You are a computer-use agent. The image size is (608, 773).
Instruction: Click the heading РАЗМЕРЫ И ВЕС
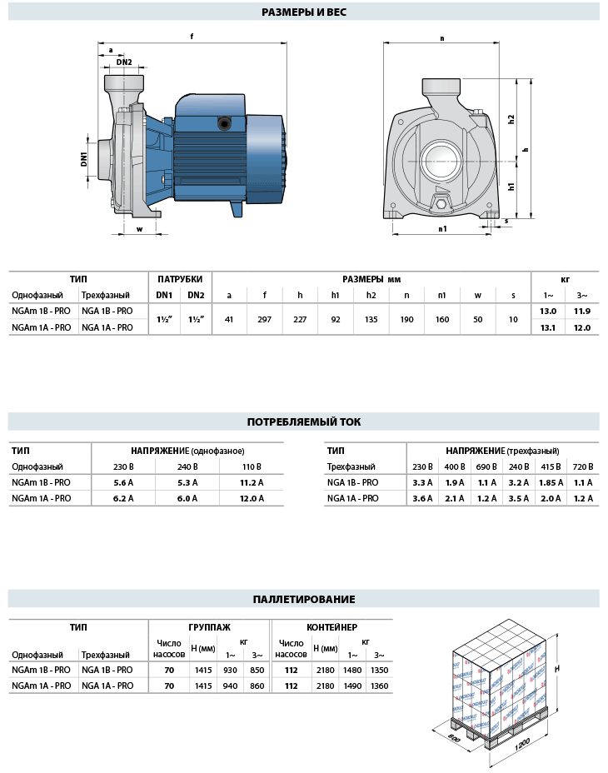tap(303, 12)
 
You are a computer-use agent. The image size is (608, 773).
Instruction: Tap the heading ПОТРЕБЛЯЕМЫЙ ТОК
tap(304, 421)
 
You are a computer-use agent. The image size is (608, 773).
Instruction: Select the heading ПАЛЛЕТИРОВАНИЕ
tap(304, 599)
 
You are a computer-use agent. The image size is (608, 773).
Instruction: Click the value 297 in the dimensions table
tap(265, 319)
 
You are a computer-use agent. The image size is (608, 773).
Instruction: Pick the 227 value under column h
tap(300, 319)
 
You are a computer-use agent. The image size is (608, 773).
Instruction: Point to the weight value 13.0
tap(548, 311)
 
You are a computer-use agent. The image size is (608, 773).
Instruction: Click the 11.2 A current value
tap(251, 482)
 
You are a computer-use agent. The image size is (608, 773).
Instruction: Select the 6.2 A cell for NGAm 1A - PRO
tap(123, 498)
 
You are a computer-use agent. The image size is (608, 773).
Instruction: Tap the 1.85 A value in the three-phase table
tap(551, 482)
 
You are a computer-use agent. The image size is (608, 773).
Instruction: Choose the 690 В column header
tap(487, 466)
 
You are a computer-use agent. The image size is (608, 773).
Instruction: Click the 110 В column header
tap(251, 466)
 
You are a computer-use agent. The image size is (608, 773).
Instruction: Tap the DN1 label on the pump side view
tap(85, 158)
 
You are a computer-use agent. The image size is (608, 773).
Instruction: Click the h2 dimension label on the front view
tap(511, 119)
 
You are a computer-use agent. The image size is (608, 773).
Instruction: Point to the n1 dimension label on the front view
tap(442, 227)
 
